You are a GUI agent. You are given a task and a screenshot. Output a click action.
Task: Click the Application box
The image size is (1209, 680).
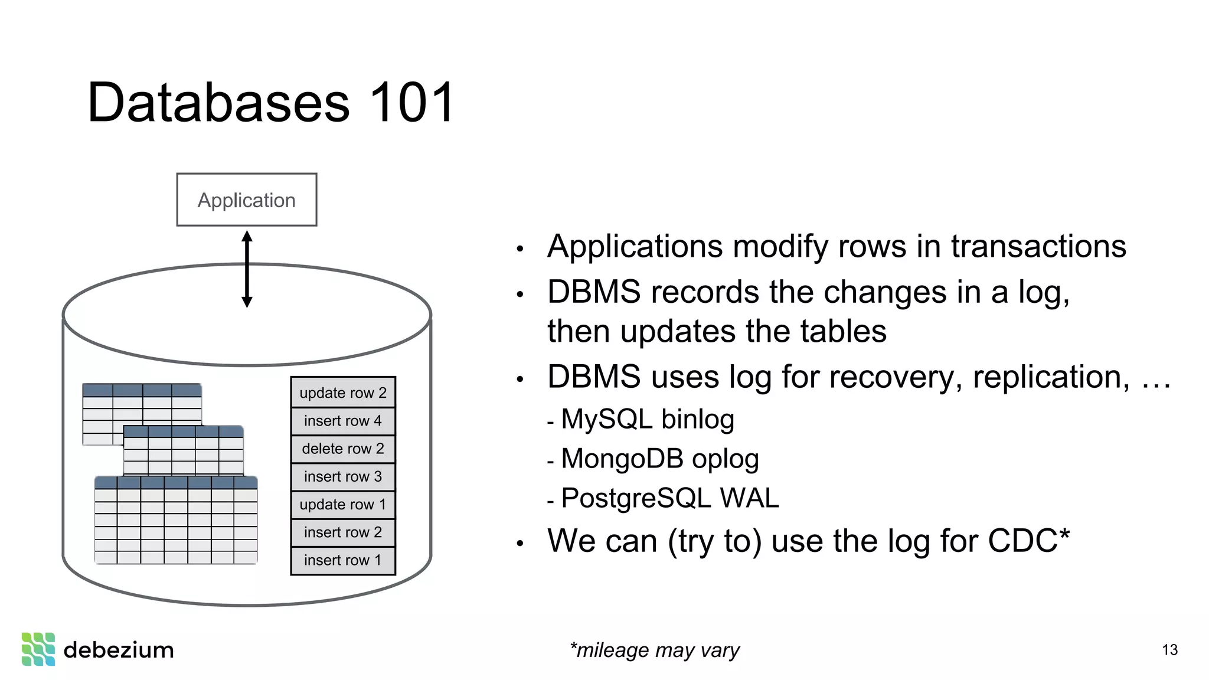tap(247, 200)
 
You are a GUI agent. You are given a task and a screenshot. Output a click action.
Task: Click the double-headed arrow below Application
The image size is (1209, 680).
tap(247, 269)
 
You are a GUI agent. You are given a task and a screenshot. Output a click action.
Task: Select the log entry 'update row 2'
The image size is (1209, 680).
tap(343, 393)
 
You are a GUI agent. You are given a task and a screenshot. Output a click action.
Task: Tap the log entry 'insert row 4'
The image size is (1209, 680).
tap(343, 421)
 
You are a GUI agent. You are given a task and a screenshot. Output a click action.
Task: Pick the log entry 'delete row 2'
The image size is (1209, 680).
tap(343, 449)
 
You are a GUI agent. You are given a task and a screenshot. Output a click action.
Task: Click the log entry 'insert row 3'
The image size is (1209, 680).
tap(343, 476)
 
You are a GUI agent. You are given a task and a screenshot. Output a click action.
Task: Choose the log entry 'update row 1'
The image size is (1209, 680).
tap(343, 505)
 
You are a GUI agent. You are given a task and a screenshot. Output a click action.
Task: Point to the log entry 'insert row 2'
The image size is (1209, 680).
tap(343, 532)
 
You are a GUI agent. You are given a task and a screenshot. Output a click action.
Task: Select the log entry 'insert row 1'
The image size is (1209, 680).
tap(343, 560)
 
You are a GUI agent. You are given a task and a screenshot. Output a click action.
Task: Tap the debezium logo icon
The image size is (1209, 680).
tap(38, 649)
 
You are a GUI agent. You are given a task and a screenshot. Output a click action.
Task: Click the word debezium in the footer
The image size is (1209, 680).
tap(119, 650)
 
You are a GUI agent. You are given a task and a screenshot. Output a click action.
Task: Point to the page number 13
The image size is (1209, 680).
tap(1169, 650)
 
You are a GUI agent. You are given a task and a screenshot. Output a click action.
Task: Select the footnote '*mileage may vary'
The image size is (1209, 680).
tap(654, 650)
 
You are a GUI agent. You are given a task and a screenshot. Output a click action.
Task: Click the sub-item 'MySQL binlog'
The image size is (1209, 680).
tap(647, 420)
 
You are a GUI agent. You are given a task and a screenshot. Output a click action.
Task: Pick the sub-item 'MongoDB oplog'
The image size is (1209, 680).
tap(659, 459)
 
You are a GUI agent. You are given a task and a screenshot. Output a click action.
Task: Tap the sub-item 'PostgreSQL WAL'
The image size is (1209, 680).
tap(669, 498)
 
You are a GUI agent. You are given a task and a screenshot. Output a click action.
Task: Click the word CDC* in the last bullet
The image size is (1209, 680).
tap(1028, 541)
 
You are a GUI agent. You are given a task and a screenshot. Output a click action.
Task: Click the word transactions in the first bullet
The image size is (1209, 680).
tap(1038, 247)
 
